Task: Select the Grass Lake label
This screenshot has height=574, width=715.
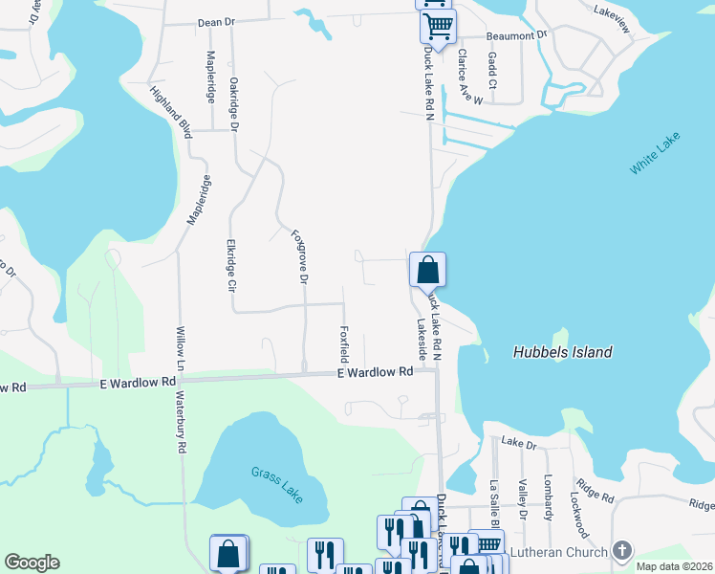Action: (x=277, y=486)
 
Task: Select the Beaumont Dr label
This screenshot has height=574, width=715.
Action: (x=516, y=35)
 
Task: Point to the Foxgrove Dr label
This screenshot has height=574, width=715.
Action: (x=299, y=255)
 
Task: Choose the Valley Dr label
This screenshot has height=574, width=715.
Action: (x=522, y=498)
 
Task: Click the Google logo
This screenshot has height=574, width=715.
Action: (x=32, y=563)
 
